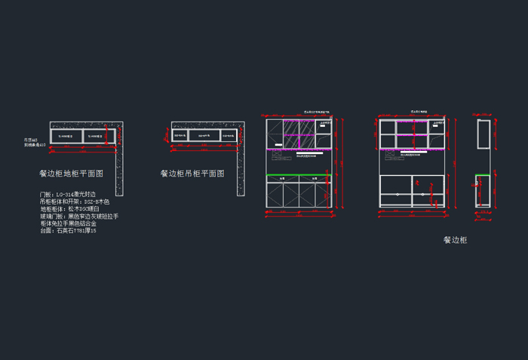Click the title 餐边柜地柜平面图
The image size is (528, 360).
(x=71, y=174)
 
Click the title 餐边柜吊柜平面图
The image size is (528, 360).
(x=192, y=174)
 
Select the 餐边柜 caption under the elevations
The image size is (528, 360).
(x=455, y=240)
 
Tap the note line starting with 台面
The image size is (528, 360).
(x=68, y=231)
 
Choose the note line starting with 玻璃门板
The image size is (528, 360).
(x=79, y=217)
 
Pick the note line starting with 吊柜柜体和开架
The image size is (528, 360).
(x=75, y=202)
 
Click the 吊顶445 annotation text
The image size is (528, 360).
(x=30, y=139)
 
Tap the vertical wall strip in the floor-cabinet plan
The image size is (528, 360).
(x=118, y=171)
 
